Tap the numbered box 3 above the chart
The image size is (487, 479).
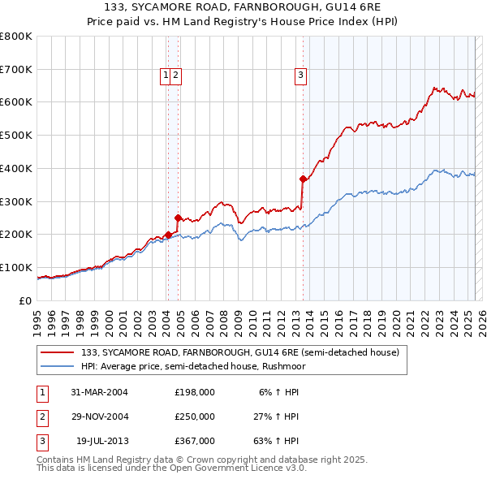pos(300,76)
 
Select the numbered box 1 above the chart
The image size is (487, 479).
pos(166,76)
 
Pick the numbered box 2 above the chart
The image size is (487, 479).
pos(175,76)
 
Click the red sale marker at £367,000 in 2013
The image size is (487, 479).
pos(303,179)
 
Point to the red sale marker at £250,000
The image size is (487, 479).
pos(178,218)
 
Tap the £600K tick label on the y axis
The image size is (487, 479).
pos(16,102)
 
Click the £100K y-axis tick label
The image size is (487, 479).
pos(16,267)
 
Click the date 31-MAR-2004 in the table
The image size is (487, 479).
pos(99,392)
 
